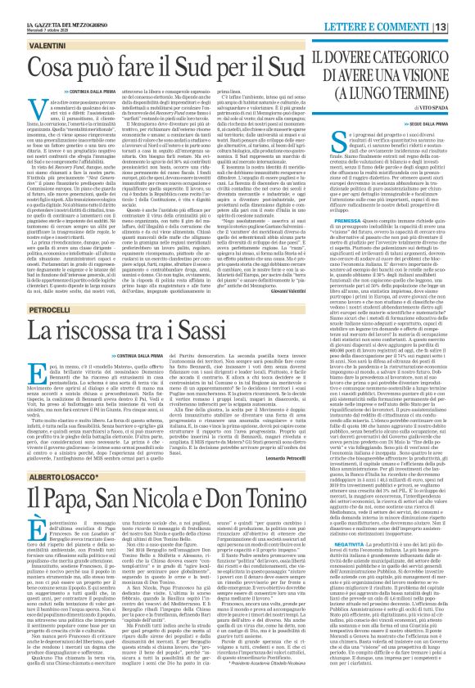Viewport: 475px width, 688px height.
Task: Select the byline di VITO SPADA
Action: [x=435, y=106]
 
